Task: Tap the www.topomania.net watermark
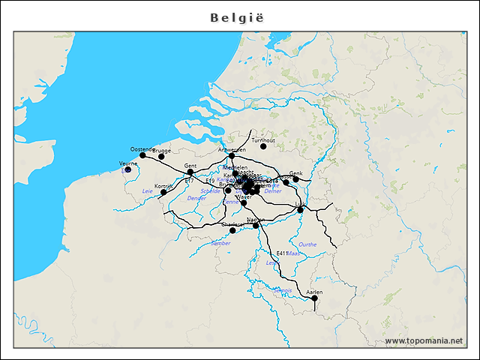coord(424,341)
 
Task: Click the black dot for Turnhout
coord(263,145)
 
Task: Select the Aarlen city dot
coord(314,298)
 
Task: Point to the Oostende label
coord(141,149)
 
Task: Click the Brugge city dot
coord(161,157)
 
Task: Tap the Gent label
coord(190,165)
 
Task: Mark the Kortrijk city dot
coord(163,193)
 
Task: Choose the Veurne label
coord(127,163)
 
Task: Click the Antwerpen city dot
coord(232,156)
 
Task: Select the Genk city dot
coord(296,178)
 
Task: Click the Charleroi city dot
coord(232,230)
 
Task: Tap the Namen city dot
coord(256,225)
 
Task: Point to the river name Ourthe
coord(307,244)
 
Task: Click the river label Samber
coord(221,243)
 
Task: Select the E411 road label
coord(282,253)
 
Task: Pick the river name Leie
coord(147,191)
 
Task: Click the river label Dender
coord(196,198)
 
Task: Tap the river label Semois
coord(283,289)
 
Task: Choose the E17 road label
coord(189,181)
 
